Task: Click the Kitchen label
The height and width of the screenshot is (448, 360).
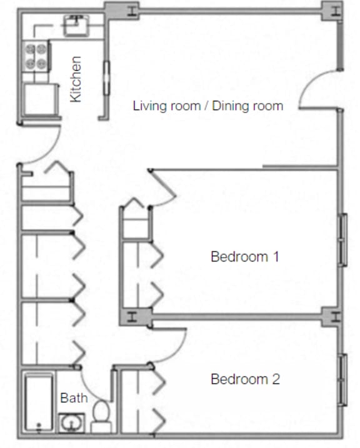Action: pos(76,79)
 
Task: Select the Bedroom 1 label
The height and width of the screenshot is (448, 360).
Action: pos(244,256)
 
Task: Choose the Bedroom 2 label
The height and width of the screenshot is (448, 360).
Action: pos(244,379)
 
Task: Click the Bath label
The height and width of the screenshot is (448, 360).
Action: pos(73,398)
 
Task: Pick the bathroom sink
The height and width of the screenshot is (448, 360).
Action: pos(70,424)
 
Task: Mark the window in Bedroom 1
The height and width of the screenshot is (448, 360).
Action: pos(342,240)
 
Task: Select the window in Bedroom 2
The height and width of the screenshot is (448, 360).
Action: pos(342,379)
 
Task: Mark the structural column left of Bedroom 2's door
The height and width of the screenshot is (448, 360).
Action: pos(132,316)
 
